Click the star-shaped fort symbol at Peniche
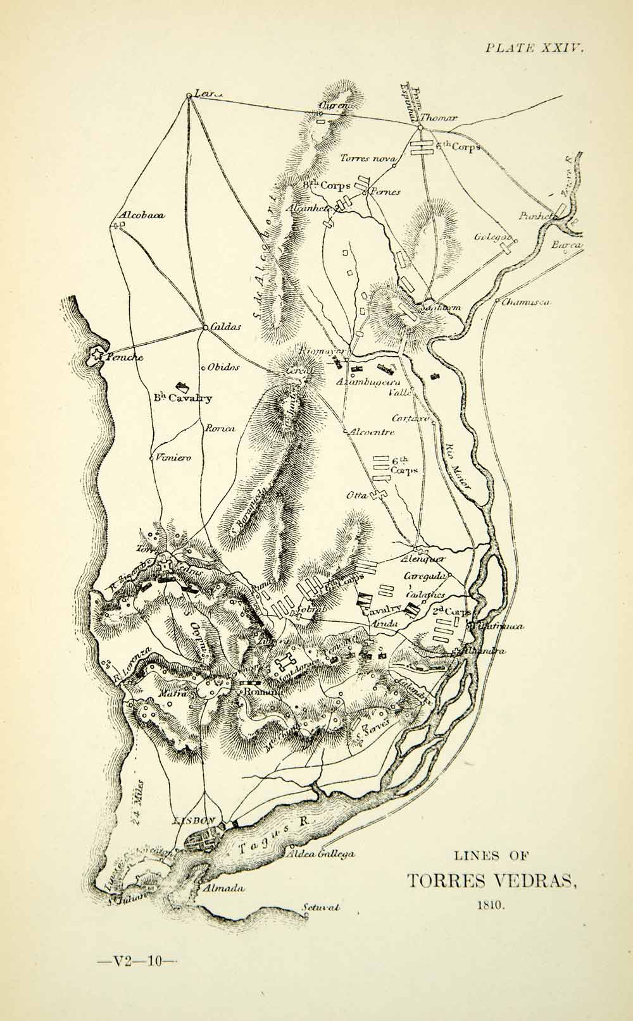[x=97, y=356]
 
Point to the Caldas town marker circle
[x=206, y=328]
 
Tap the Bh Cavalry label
[x=181, y=399]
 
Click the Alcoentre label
[x=372, y=433]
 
